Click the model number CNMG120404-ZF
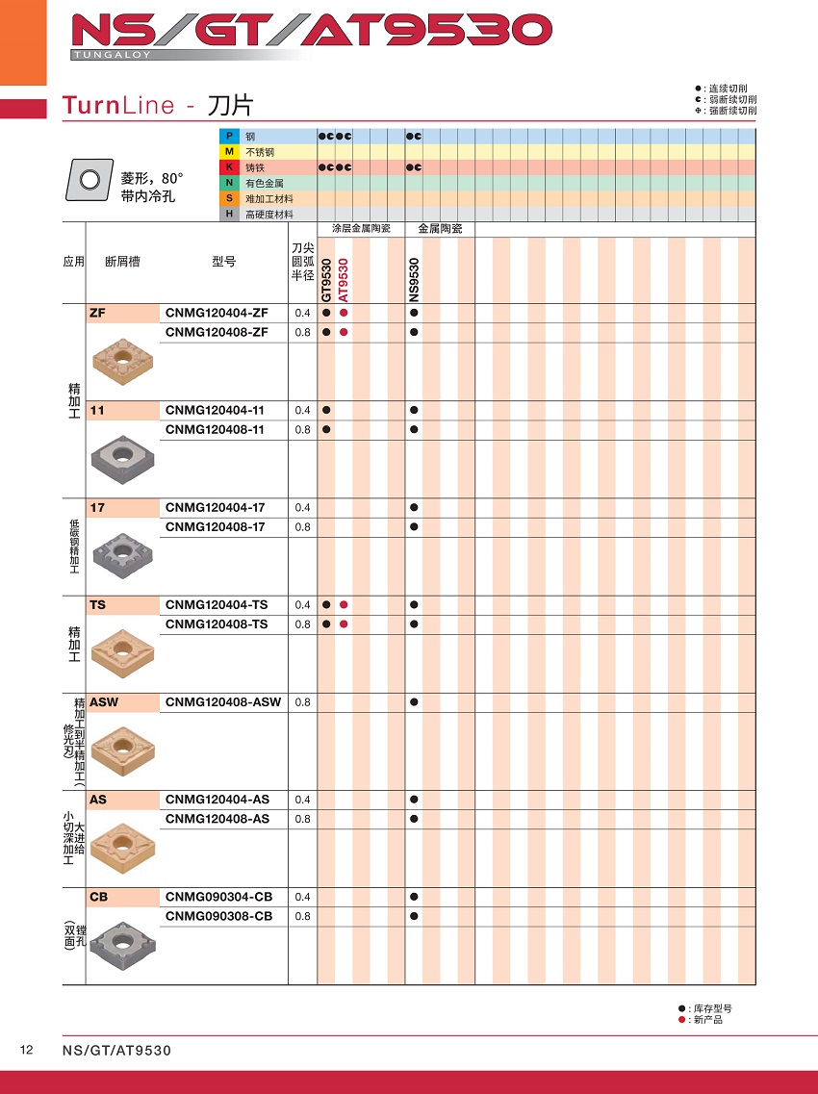pyautogui.click(x=217, y=313)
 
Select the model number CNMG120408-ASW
pyautogui.click(x=223, y=702)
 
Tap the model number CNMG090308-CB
pyautogui.click(x=218, y=916)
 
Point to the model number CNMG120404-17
pyautogui.click(x=215, y=507)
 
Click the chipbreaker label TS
pyautogui.click(x=97, y=605)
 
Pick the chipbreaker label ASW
pyautogui.click(x=104, y=702)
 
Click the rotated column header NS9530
pyautogui.click(x=414, y=279)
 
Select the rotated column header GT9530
pyautogui.click(x=326, y=279)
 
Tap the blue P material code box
pyautogui.click(x=229, y=137)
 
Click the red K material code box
pyautogui.click(x=229, y=167)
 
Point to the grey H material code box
pyautogui.click(x=229, y=214)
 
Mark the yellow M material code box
pyautogui.click(x=229, y=152)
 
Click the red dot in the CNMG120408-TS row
pyautogui.click(x=344, y=624)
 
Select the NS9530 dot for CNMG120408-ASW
pyautogui.click(x=414, y=702)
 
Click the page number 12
pyautogui.click(x=27, y=1050)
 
